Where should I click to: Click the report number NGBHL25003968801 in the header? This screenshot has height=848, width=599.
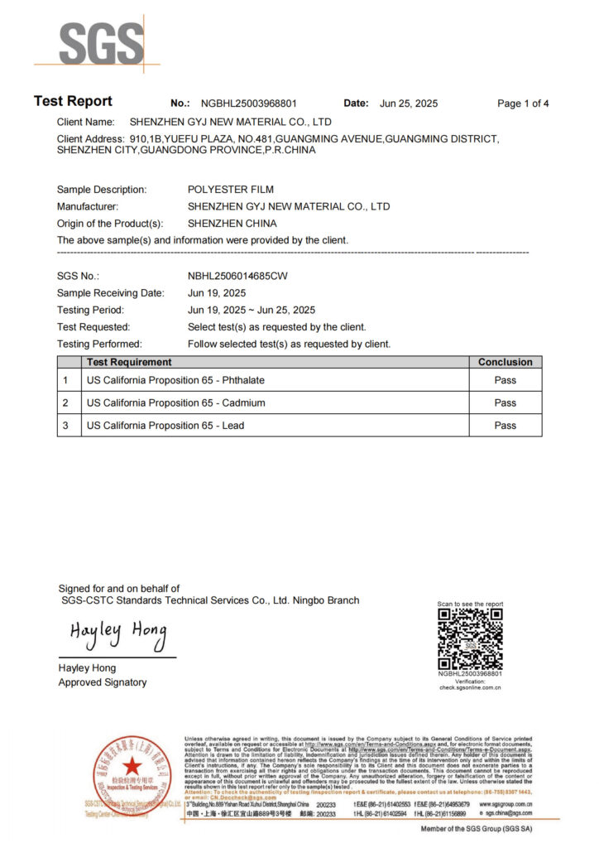click(248, 104)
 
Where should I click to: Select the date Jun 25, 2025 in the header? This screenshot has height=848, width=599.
click(409, 104)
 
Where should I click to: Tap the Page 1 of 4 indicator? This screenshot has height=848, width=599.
click(523, 104)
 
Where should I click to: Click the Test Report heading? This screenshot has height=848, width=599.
click(73, 101)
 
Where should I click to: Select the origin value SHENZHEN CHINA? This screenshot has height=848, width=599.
click(232, 224)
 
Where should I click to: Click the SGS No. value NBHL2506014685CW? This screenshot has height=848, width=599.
click(237, 276)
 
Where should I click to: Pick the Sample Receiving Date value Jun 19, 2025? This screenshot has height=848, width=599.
click(217, 293)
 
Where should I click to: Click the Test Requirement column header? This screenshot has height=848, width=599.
click(129, 362)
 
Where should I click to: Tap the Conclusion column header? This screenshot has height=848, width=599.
click(505, 362)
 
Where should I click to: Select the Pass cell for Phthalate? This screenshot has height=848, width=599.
click(505, 380)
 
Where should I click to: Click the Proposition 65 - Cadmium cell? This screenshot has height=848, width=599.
click(176, 402)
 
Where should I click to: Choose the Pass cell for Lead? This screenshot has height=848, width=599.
click(505, 426)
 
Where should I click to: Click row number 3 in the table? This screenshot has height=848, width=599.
click(65, 426)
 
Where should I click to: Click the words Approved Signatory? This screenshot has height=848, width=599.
click(103, 682)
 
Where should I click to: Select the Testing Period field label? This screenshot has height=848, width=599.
click(90, 310)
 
